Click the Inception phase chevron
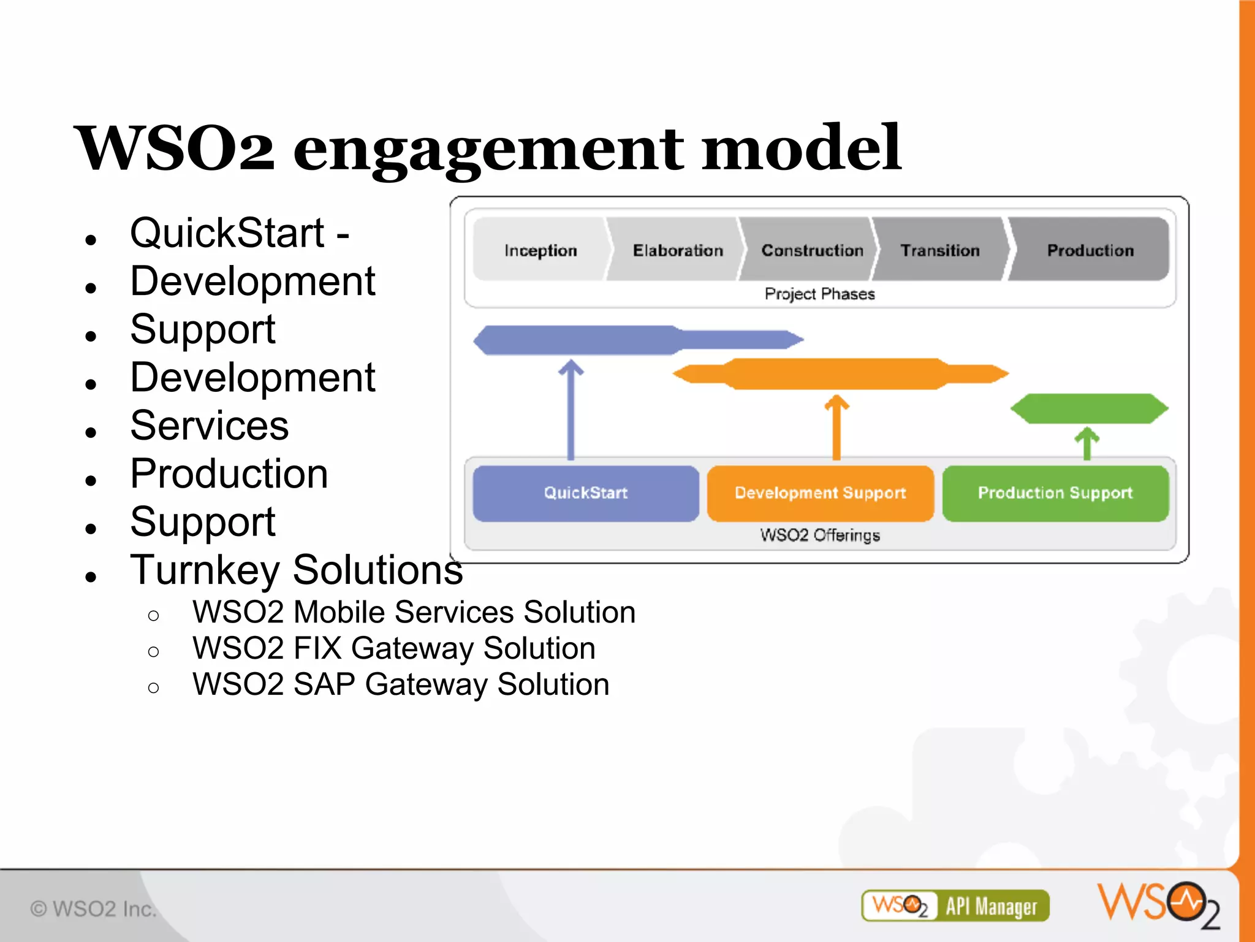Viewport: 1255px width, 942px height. pos(540,250)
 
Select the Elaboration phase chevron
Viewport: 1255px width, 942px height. pos(677,250)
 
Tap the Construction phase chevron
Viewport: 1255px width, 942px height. pos(812,250)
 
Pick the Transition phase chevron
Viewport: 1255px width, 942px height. pos(940,250)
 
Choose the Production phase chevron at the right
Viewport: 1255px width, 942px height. pos(1090,250)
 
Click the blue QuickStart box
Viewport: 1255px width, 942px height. pos(585,493)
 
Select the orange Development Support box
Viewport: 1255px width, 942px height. pos(820,493)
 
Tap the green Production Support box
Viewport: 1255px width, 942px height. pos(1055,493)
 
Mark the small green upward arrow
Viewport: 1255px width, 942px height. pos(1087,443)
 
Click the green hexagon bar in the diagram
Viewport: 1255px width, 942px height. pos(1089,408)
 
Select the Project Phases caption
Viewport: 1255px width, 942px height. pos(819,294)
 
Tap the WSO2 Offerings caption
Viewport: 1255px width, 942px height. pos(819,535)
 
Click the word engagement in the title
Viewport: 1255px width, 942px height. pos(488,149)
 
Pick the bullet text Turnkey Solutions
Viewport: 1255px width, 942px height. pos(297,570)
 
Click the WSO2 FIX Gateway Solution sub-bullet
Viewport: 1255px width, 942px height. pos(393,648)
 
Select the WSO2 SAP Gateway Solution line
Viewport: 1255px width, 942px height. pos(401,684)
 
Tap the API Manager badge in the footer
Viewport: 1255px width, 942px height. pos(955,906)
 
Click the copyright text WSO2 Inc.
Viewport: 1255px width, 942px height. pos(93,908)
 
